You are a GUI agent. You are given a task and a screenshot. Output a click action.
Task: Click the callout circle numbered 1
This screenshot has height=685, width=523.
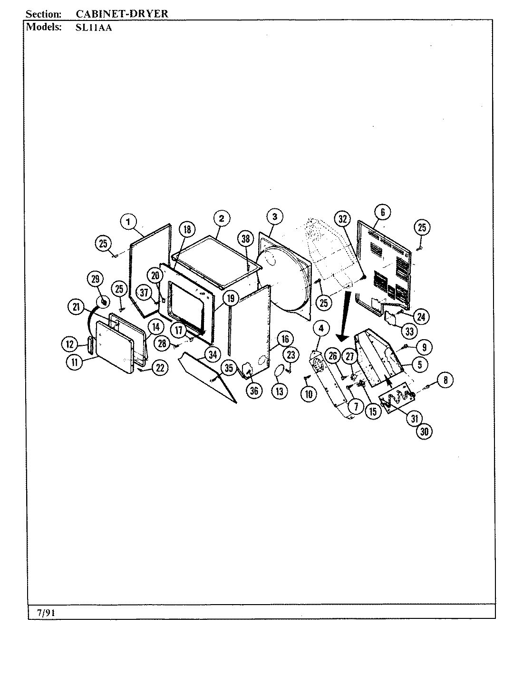pyautogui.click(x=128, y=221)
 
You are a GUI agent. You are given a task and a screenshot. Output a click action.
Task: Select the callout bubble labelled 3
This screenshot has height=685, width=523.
pyautogui.click(x=274, y=216)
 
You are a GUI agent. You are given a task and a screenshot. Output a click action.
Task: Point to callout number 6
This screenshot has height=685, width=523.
pyautogui.click(x=382, y=212)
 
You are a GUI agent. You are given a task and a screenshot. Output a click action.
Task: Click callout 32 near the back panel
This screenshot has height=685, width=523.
pyautogui.click(x=343, y=219)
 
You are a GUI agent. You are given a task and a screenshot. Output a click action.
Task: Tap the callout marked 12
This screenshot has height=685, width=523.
pyautogui.click(x=69, y=343)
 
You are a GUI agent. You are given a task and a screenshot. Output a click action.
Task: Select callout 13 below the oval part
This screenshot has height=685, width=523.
pyautogui.click(x=279, y=391)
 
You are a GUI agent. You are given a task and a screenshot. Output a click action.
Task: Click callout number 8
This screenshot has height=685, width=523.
pyautogui.click(x=446, y=380)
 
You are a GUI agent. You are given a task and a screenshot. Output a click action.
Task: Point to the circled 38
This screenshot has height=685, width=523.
pyautogui.click(x=245, y=239)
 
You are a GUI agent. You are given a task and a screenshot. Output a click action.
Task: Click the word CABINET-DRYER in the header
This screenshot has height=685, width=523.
pyautogui.click(x=122, y=13)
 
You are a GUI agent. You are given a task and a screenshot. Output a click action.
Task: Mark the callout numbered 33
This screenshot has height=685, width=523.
pyautogui.click(x=410, y=330)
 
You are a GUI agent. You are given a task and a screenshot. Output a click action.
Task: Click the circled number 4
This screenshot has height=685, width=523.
pyautogui.click(x=321, y=328)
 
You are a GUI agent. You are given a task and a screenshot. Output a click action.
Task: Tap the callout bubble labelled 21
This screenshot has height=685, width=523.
pyautogui.click(x=76, y=307)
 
